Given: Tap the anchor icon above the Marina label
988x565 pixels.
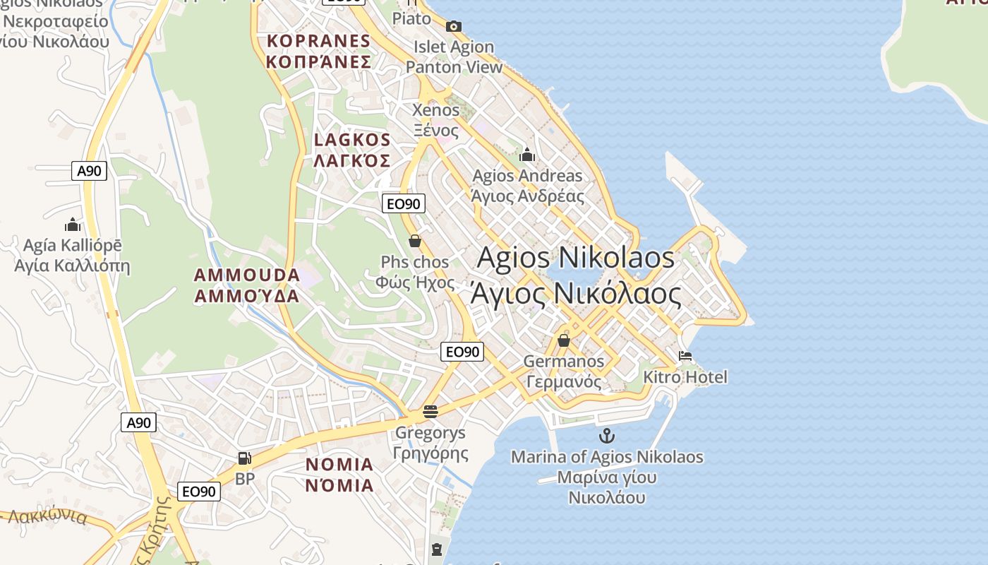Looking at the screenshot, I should click(x=606, y=436).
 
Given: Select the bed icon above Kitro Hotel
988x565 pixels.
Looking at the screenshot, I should click(x=685, y=356).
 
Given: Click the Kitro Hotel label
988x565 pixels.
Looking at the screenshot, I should click(x=685, y=377).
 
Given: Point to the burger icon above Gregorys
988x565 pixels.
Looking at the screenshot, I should click(x=430, y=411).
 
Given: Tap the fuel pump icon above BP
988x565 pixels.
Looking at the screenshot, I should click(x=244, y=458).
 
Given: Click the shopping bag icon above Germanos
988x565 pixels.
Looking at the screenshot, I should click(x=563, y=340).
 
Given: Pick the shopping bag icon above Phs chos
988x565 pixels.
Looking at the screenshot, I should click(x=415, y=241).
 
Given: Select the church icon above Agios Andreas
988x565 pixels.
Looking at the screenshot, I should click(x=527, y=155).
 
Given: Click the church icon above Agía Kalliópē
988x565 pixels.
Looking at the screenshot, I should click(x=73, y=225).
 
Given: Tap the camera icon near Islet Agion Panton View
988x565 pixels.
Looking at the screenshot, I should click(x=453, y=27).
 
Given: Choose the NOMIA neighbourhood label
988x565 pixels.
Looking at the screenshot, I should click(x=339, y=475).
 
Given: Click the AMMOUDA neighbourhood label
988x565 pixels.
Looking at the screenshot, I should click(x=247, y=285).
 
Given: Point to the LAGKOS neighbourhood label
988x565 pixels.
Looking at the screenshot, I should click(x=352, y=150).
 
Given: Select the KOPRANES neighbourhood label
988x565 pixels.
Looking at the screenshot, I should click(x=318, y=51).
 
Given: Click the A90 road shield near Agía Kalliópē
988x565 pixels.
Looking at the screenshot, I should click(x=89, y=170).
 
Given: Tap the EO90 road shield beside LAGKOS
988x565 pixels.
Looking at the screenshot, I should click(x=404, y=204).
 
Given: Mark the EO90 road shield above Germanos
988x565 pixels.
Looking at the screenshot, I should click(x=462, y=352).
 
